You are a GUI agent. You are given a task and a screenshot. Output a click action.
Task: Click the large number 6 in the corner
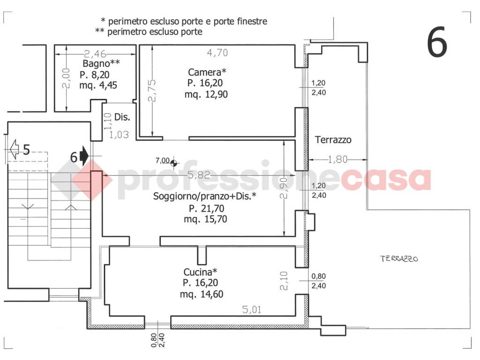pos(437,42)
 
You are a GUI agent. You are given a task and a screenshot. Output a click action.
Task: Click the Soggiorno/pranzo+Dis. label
pos(204,196)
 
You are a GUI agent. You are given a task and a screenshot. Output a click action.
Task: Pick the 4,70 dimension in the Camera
pos(217,53)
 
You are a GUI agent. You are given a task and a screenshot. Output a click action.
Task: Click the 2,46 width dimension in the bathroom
pos(95,54)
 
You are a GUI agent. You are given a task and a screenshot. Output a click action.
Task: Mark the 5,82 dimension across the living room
pos(199,175)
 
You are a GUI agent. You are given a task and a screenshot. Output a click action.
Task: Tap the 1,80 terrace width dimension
pos(337,159)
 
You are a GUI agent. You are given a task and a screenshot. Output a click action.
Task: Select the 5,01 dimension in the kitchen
pos(252,309)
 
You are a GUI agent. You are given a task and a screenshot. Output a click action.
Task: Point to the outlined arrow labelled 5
pos(14,149)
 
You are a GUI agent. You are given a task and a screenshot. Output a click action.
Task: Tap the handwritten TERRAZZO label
pos(399,259)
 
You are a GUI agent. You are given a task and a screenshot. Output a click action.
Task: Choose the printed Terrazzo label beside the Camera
pos(333,140)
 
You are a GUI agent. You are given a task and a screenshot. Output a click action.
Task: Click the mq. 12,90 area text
pos(206,94)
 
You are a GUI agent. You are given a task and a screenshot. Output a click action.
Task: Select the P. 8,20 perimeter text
pos(95,75)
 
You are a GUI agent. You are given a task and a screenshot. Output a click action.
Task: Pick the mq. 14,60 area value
pos(202,294)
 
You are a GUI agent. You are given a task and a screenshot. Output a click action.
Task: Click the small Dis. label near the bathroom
pos(122,117)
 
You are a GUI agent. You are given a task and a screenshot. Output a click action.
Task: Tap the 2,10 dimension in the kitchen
pos(284,281)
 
